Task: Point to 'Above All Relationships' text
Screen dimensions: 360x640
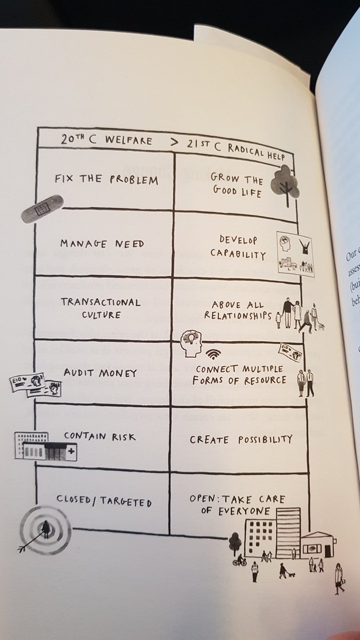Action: (238, 311)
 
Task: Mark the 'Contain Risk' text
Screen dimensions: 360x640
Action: (100, 436)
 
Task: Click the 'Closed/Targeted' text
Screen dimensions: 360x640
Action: (104, 501)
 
